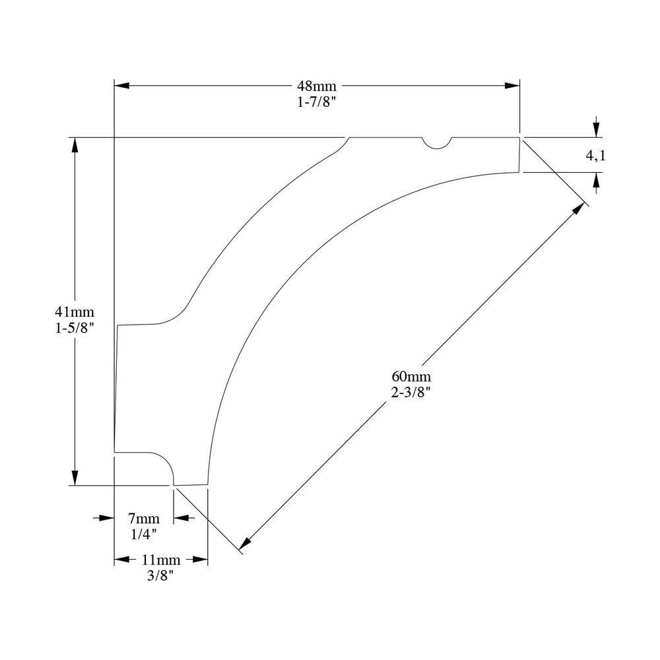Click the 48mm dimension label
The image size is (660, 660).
pyautogui.click(x=317, y=86)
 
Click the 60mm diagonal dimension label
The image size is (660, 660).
pyautogui.click(x=411, y=376)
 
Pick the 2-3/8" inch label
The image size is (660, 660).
pyautogui.click(x=411, y=391)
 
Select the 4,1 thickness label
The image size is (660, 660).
pyautogui.click(x=595, y=156)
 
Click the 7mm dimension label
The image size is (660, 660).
pyautogui.click(x=143, y=517)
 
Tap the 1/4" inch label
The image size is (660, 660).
pyautogui.click(x=143, y=532)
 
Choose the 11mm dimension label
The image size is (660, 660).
pyautogui.click(x=161, y=560)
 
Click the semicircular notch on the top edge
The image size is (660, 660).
pyautogui.click(x=436, y=142)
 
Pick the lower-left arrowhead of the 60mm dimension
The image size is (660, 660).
pyautogui.click(x=245, y=542)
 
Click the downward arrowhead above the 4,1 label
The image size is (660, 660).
pyautogui.click(x=596, y=129)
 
